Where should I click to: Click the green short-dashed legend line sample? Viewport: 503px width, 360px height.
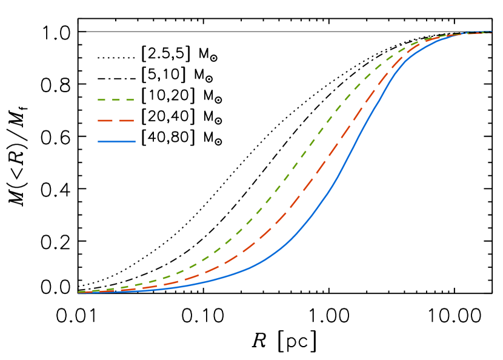pos(116,100)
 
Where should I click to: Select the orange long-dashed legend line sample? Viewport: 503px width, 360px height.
pos(116,121)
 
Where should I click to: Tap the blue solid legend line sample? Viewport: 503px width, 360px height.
pos(116,142)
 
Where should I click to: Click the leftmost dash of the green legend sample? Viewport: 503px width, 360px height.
pos(102,100)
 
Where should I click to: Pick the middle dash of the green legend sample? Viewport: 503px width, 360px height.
pos(116,100)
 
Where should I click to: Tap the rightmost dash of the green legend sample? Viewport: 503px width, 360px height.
pos(129,100)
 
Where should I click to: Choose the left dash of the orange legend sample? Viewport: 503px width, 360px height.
pos(105,121)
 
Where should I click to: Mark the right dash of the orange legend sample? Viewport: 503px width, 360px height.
pos(127,121)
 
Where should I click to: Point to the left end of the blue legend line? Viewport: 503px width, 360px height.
pos(99,142)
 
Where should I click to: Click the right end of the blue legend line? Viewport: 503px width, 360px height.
pos(135,142)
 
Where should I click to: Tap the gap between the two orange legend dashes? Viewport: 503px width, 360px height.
pos(116,121)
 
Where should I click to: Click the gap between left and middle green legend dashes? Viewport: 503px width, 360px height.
pos(108,100)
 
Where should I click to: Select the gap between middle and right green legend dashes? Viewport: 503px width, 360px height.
pos(122,100)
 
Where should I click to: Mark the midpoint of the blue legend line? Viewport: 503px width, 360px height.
pos(116,142)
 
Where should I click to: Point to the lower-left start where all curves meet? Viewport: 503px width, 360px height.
pos(79,292)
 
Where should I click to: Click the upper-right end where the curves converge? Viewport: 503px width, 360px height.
pos(488,32)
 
